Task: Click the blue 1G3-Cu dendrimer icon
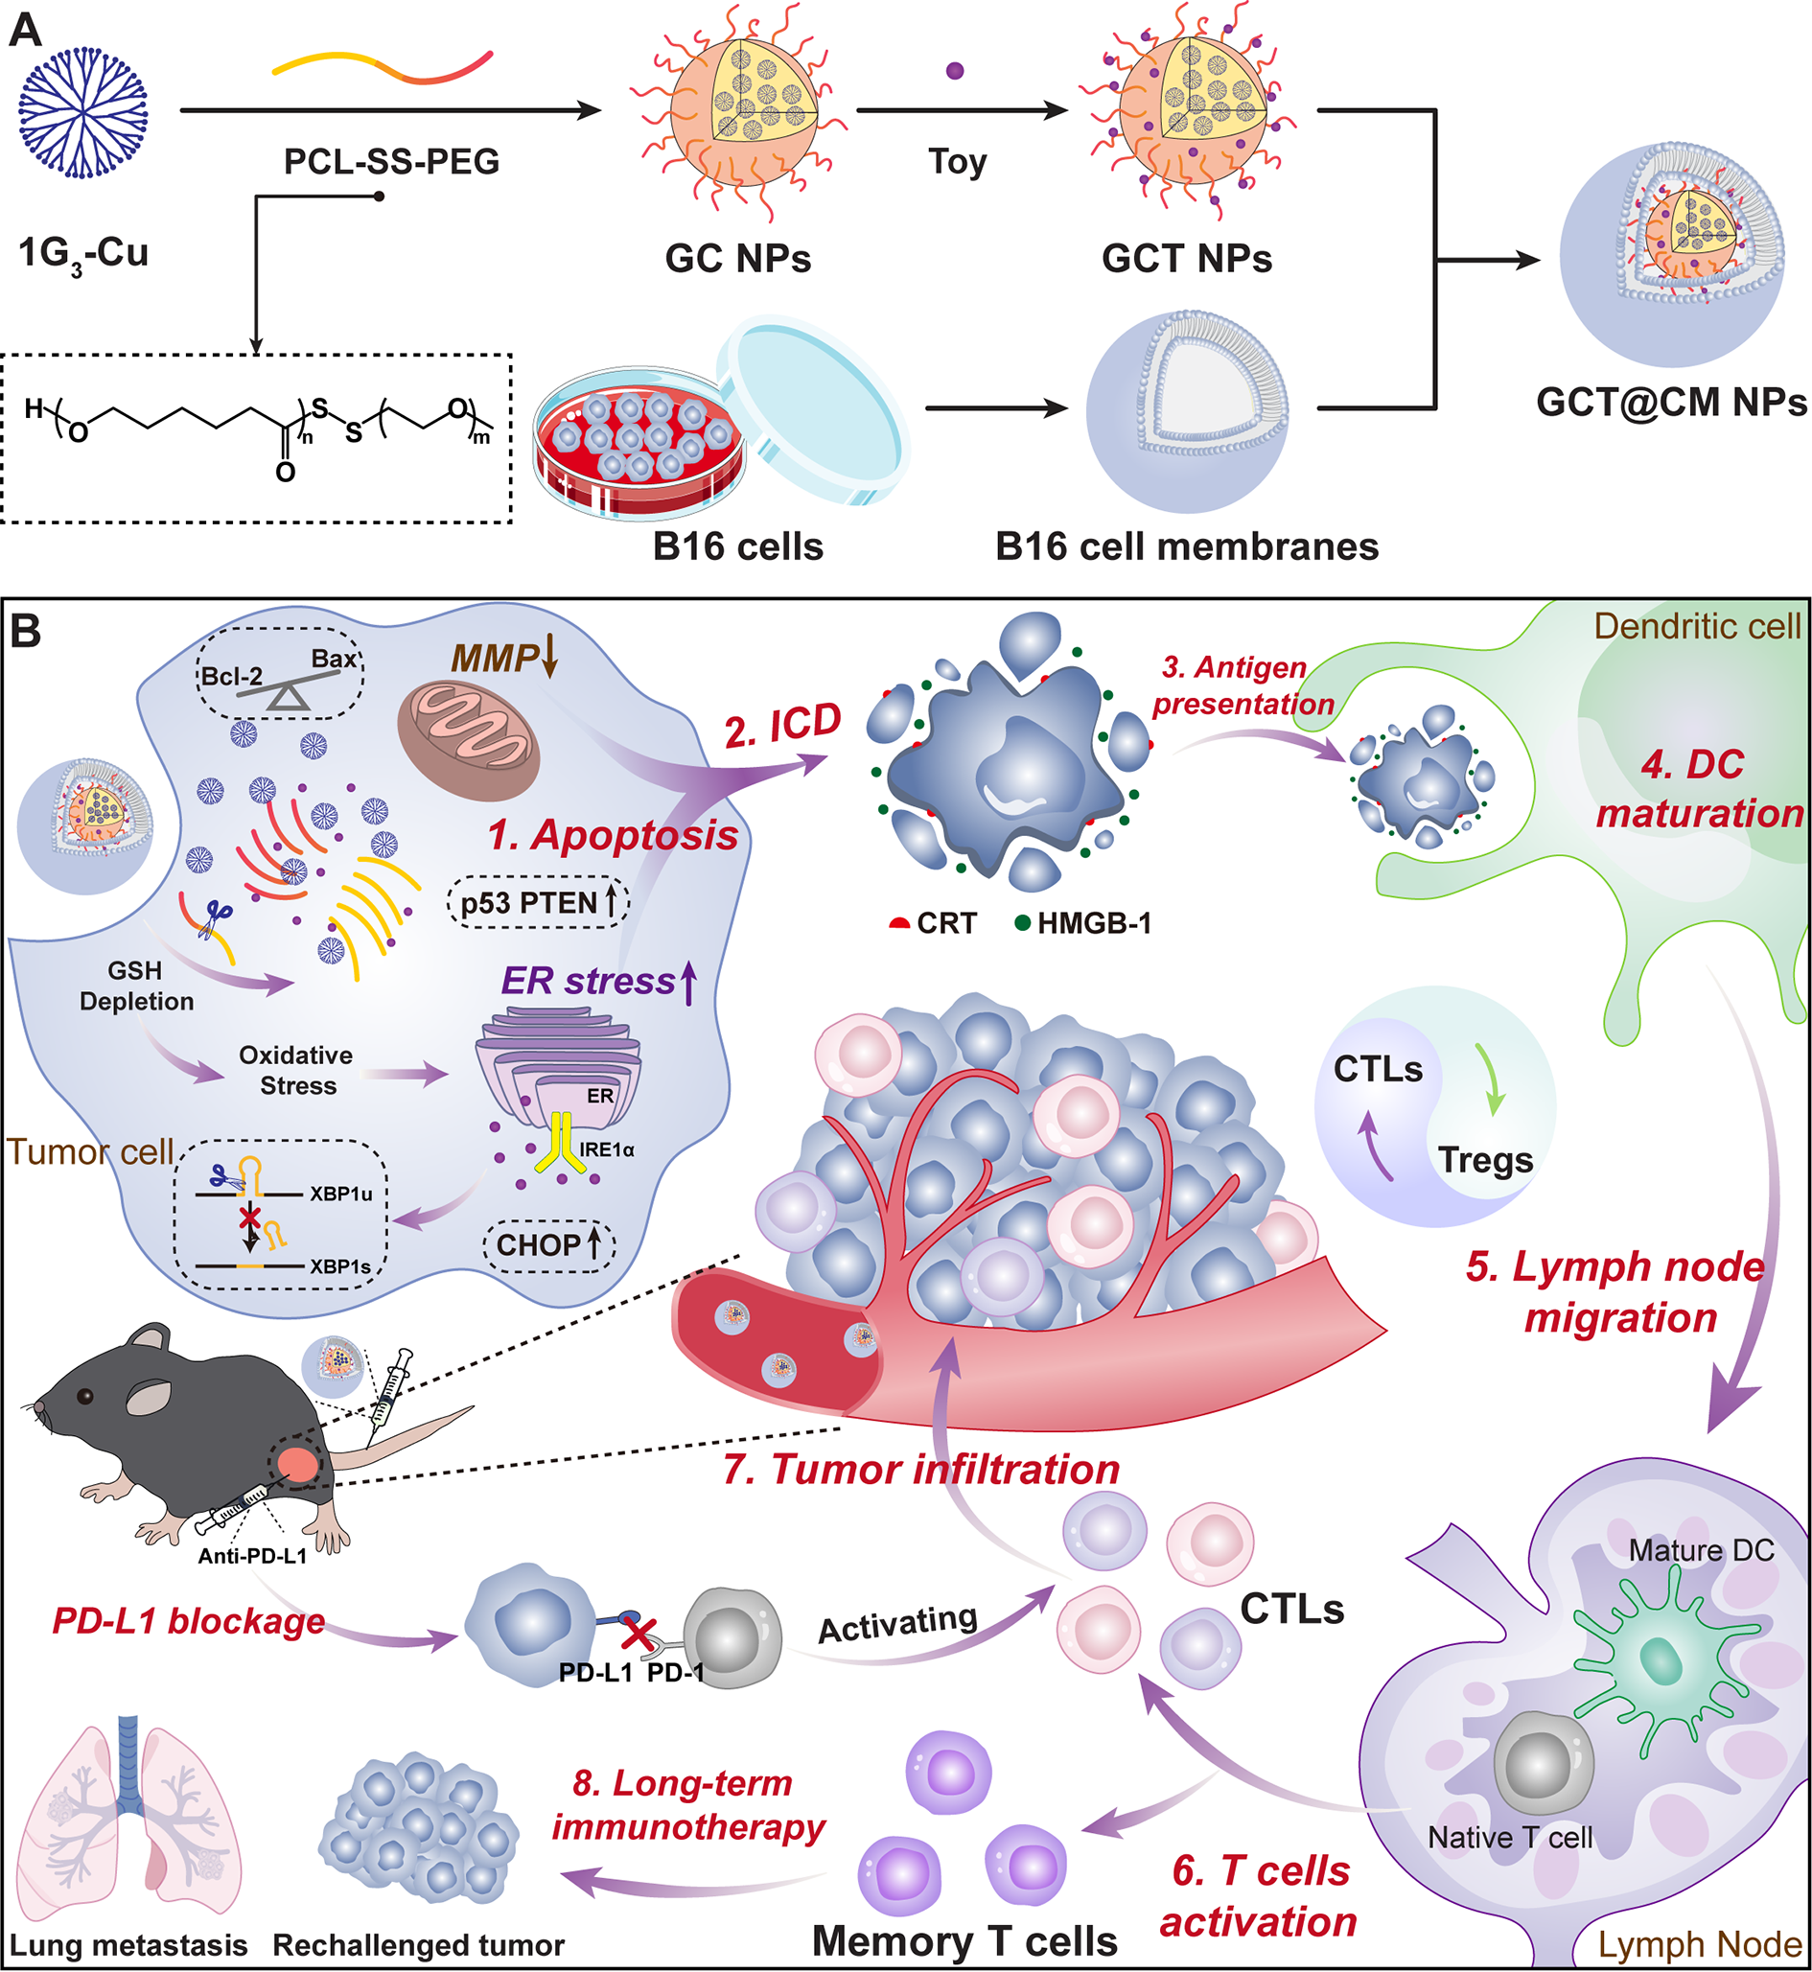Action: [x=82, y=115]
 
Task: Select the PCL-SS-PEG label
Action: [x=391, y=162]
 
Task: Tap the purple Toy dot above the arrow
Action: [x=955, y=71]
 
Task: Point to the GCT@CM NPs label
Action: [x=1671, y=402]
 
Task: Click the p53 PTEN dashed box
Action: [x=538, y=902]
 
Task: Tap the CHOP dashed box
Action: [x=548, y=1245]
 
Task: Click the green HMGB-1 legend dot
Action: [x=1022, y=923]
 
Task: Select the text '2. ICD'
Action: [x=782, y=727]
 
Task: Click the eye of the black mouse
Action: [x=87, y=1396]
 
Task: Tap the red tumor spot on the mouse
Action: [x=297, y=1465]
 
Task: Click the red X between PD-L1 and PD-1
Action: [x=639, y=1635]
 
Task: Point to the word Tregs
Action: [x=1484, y=1160]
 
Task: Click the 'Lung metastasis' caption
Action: [x=128, y=1945]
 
